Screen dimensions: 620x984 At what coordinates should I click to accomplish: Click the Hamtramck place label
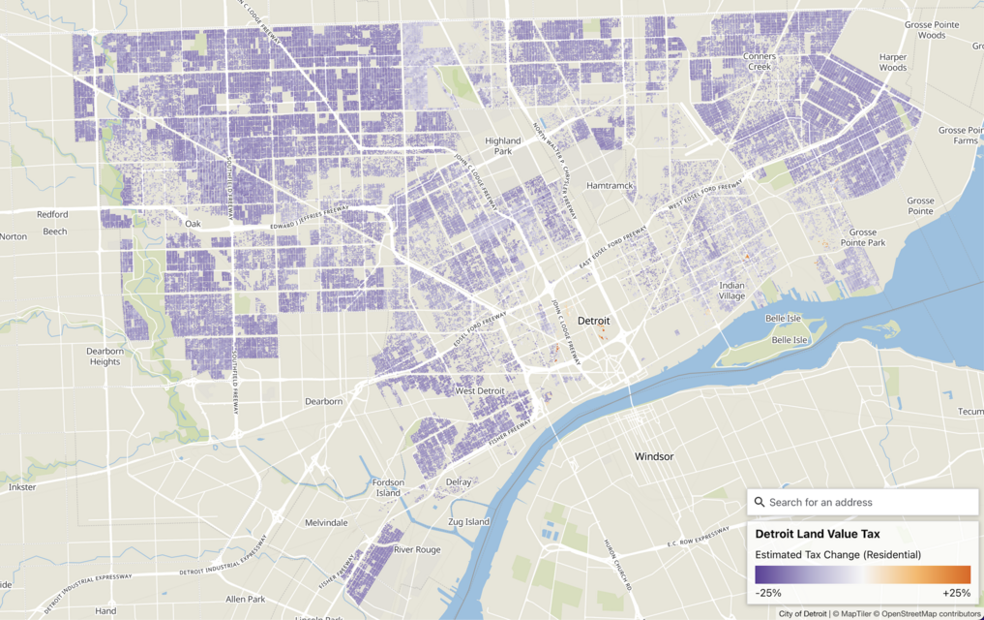(x=608, y=185)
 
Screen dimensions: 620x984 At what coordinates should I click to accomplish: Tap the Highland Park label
(x=503, y=146)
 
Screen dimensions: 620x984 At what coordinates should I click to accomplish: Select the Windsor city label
(x=654, y=456)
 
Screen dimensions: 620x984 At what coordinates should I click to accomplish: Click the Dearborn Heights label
(x=104, y=356)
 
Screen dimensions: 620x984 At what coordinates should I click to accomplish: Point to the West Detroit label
(x=480, y=391)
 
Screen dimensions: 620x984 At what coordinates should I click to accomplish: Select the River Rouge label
(x=417, y=549)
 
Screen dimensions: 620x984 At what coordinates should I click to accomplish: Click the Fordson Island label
(x=388, y=487)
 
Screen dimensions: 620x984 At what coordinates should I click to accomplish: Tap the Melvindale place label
(x=326, y=522)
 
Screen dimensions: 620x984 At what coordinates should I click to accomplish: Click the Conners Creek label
(x=760, y=62)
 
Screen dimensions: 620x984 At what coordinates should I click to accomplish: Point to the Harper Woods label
(x=893, y=63)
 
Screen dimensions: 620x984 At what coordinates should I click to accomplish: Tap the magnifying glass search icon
(x=760, y=502)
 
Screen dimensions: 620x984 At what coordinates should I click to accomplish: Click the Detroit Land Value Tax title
(x=818, y=534)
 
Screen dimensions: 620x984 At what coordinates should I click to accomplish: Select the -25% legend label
(x=768, y=593)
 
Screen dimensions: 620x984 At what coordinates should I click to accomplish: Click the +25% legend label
(x=956, y=593)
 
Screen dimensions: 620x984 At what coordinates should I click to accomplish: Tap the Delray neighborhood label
(x=459, y=482)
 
